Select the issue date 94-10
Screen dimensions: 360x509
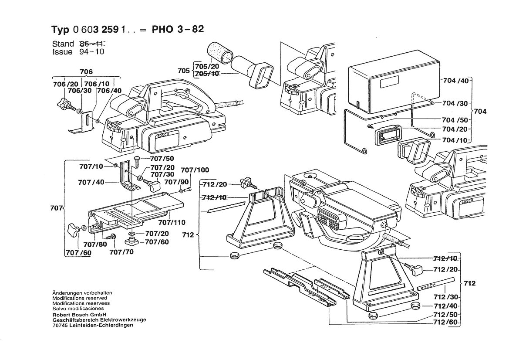[93, 51]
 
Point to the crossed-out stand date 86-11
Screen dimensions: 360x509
[93, 44]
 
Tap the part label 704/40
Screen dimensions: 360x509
[455, 81]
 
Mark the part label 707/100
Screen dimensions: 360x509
[195, 170]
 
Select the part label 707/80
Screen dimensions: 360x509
[95, 245]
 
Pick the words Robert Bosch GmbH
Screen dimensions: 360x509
[77, 314]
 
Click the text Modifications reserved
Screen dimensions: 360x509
[79, 298]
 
